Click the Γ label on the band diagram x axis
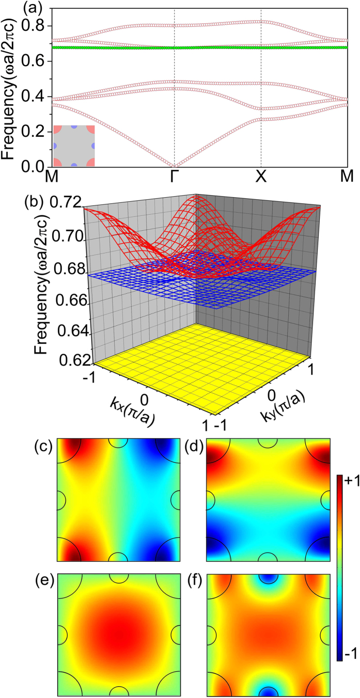[x=175, y=177]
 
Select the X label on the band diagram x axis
[x=261, y=177]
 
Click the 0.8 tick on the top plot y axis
[x=38, y=26]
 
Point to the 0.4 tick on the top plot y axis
[x=38, y=97]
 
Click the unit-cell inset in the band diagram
[x=73, y=146]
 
